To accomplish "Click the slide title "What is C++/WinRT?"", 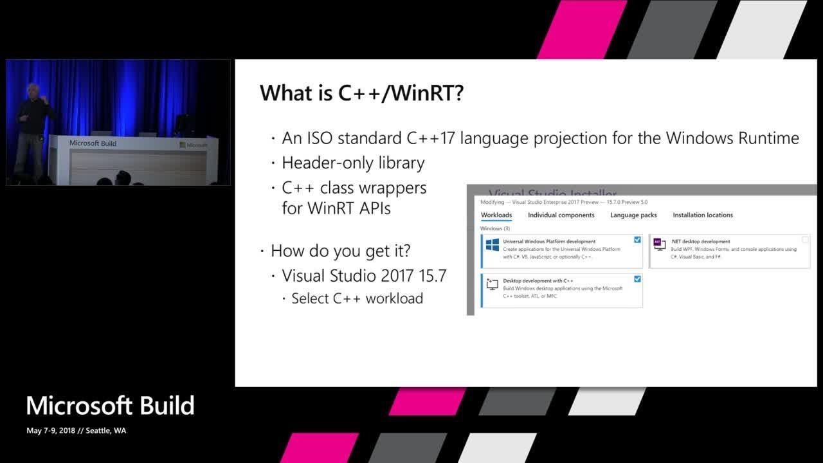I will [361, 93].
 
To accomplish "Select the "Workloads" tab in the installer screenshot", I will [496, 215].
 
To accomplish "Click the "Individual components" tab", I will [561, 215].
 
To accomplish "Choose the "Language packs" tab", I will [633, 215].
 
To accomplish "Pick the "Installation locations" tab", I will [703, 215].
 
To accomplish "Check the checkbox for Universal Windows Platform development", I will [637, 240].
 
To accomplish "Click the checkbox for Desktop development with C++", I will [637, 279].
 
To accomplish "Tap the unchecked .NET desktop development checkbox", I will [805, 240].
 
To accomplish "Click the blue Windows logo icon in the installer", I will [493, 245].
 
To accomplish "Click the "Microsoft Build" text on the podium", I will [93, 143].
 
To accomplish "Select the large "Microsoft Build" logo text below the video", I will [110, 406].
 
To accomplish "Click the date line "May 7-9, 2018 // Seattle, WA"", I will [76, 431].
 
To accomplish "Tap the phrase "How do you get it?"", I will [341, 250].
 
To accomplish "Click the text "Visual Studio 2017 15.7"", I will [364, 276].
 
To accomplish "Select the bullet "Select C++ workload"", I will [357, 298].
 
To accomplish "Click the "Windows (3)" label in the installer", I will [495, 228].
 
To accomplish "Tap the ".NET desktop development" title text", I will [700, 242].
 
